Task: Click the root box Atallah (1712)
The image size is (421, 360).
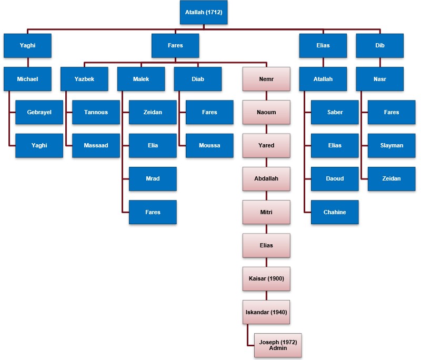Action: click(203, 12)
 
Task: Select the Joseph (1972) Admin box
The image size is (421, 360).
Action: click(278, 345)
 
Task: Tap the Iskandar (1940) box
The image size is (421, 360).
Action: click(266, 312)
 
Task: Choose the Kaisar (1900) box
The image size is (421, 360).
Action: click(266, 278)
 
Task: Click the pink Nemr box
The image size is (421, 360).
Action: click(266, 79)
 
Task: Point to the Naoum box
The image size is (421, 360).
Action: click(266, 112)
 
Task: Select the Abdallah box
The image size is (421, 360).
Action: click(266, 178)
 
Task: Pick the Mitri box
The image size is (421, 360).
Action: click(266, 212)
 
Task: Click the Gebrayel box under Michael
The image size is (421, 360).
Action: click(39, 112)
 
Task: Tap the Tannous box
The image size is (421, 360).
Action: click(96, 112)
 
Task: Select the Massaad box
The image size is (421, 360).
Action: click(96, 145)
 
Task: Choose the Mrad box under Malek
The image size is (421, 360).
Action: click(153, 178)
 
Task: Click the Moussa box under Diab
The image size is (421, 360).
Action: click(209, 145)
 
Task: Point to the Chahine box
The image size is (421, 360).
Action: click(335, 212)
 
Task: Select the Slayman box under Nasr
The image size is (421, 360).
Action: click(392, 145)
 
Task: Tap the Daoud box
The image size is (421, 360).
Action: click(335, 178)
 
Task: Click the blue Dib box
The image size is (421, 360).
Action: click(379, 45)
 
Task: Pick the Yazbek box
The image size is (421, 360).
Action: click(84, 79)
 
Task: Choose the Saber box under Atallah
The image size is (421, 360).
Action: click(335, 112)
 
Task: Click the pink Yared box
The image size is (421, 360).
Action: click(266, 145)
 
